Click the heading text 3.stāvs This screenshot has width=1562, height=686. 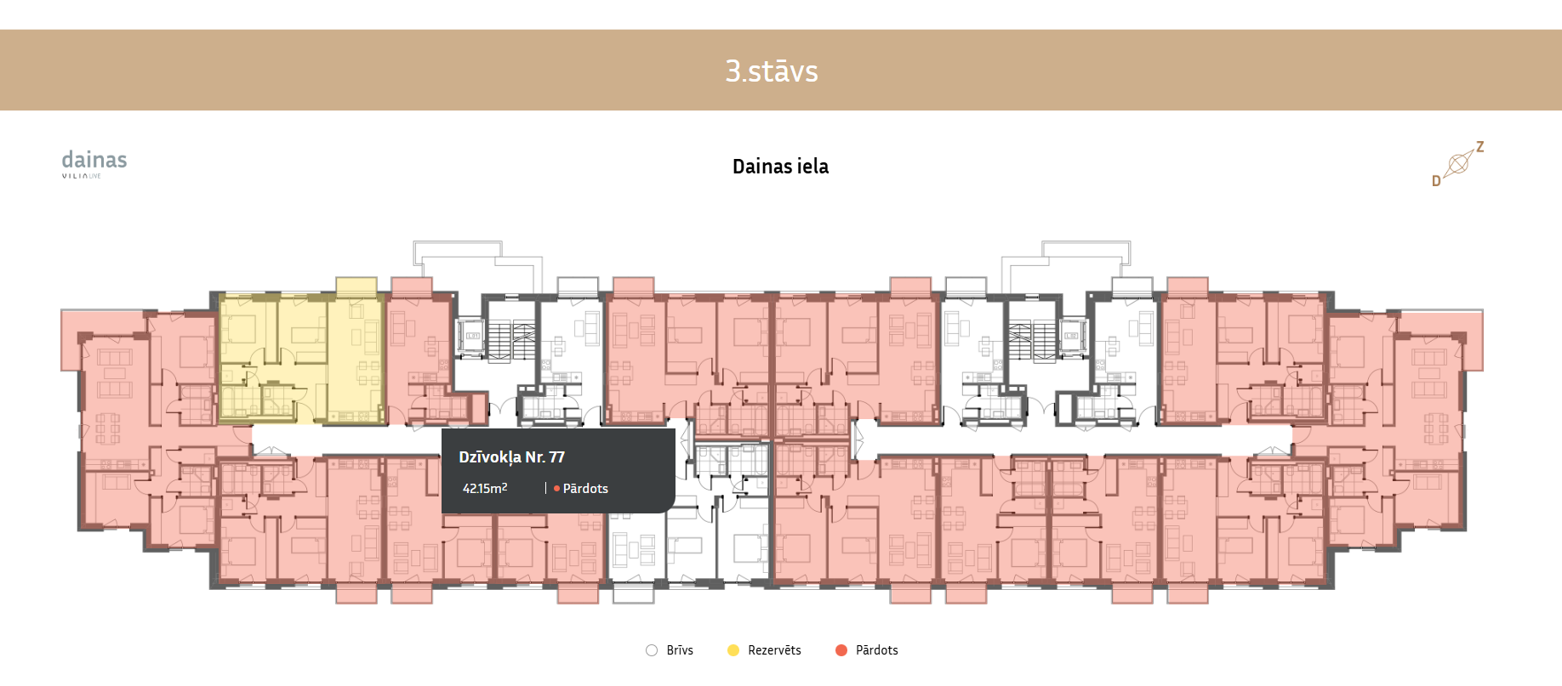[x=771, y=71]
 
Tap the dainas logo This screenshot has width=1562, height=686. [x=94, y=160]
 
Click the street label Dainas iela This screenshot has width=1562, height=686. [x=780, y=167]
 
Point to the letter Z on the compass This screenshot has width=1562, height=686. [x=1480, y=147]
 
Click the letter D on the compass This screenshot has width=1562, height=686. [x=1436, y=181]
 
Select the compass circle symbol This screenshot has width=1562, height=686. [x=1458, y=163]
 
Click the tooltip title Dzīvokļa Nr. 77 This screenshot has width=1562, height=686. [x=511, y=457]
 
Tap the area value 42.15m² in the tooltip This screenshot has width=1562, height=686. [x=485, y=488]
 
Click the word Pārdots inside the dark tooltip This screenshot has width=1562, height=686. [x=585, y=489]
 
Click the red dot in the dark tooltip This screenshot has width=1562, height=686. [x=556, y=489]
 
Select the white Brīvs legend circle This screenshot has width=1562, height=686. [x=652, y=650]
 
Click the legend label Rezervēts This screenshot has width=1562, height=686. [x=774, y=650]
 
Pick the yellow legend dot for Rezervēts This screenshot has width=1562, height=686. [x=733, y=650]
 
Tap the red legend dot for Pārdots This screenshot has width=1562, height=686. [x=841, y=650]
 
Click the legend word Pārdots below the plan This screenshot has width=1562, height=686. [x=876, y=650]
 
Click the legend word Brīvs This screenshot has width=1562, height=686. [x=680, y=650]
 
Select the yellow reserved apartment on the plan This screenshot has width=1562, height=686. [x=302, y=357]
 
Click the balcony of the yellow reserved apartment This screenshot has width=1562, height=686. [x=356, y=286]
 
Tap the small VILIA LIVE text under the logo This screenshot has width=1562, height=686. [x=82, y=176]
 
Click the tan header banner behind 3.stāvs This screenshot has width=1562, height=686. [x=340, y=71]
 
